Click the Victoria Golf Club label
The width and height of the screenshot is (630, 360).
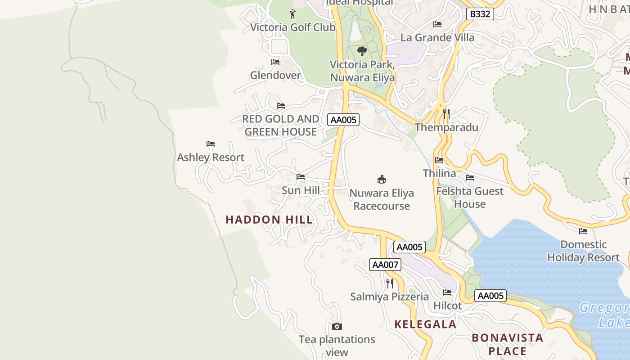point(292,27)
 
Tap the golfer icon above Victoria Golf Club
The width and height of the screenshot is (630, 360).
point(292,14)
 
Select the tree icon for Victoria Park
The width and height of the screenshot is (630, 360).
point(362,51)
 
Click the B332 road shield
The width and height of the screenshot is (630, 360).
point(480,14)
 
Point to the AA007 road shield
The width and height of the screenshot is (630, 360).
point(385,265)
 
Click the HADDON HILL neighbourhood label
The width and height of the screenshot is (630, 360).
point(269,220)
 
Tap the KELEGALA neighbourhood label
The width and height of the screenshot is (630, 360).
point(425,324)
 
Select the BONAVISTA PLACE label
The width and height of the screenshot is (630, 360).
point(507,344)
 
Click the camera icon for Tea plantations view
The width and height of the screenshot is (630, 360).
point(337,326)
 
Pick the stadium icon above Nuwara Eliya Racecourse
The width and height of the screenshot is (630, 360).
point(382,180)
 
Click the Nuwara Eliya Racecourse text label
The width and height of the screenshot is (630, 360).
point(382,199)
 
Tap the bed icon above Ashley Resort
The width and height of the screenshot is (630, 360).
point(211,144)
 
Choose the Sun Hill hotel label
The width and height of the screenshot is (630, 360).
point(301,190)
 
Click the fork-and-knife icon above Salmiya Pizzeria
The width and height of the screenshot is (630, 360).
point(390,283)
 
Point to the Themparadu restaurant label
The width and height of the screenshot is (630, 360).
point(446,127)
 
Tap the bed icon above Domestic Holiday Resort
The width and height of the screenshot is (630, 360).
point(583,231)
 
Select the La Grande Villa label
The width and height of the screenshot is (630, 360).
point(437,37)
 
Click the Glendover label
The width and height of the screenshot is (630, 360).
point(275,75)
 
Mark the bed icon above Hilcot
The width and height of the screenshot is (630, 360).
point(447,292)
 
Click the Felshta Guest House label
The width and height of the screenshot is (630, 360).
point(470,198)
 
